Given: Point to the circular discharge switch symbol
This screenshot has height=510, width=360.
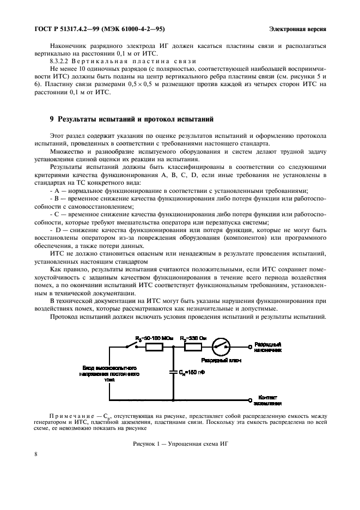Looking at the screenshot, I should click(222, 345).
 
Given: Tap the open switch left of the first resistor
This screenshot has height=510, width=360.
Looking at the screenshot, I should click(130, 345).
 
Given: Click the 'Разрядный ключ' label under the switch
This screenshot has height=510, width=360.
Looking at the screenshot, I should click(221, 361).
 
